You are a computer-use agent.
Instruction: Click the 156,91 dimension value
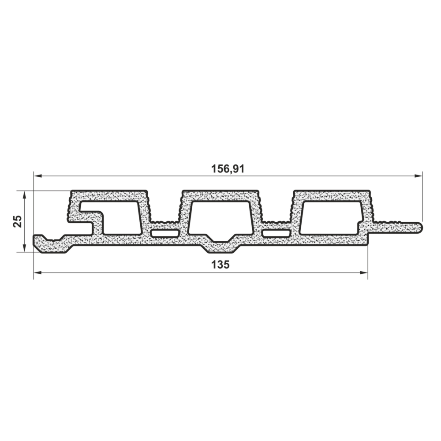click(x=228, y=169)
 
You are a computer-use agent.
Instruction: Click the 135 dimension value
click(x=220, y=265)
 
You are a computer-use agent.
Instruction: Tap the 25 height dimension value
click(x=18, y=221)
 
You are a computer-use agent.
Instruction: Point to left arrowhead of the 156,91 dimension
click(x=37, y=176)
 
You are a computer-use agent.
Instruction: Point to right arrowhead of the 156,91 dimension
click(x=418, y=176)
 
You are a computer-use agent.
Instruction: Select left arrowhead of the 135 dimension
click(x=37, y=273)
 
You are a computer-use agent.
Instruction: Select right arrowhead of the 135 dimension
click(x=364, y=273)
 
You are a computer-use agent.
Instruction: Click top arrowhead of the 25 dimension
click(x=24, y=195)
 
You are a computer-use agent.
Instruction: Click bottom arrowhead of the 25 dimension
click(x=24, y=248)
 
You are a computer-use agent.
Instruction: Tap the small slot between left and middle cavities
click(x=165, y=233)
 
